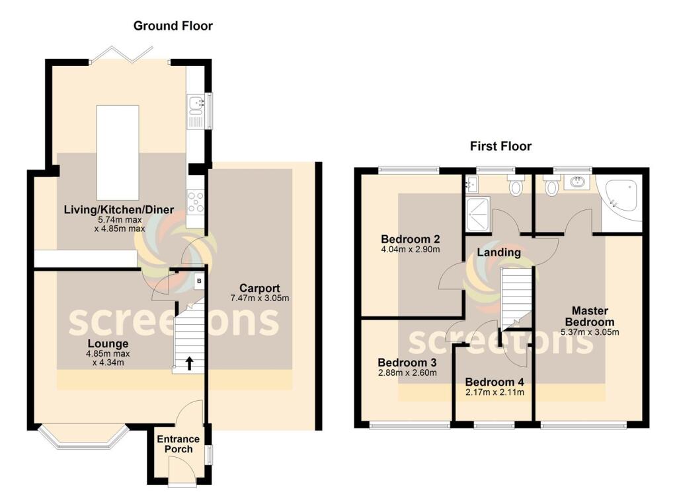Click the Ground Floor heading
(173, 26)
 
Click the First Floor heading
(500, 146)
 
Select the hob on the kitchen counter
(196, 201)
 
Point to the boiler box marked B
(198, 281)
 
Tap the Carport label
(259, 288)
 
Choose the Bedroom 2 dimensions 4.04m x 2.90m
(410, 250)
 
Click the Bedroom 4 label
(494, 382)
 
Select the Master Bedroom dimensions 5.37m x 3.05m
(590, 332)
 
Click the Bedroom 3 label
(407, 363)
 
